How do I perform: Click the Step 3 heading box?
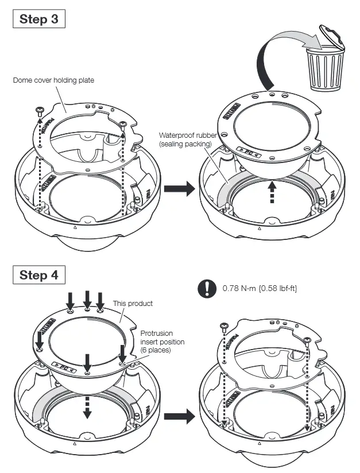click(x=38, y=18)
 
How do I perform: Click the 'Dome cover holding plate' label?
click(x=53, y=80)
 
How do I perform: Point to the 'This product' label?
click(x=133, y=303)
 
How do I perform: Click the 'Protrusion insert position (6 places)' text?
click(x=162, y=342)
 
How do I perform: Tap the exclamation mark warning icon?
click(x=205, y=289)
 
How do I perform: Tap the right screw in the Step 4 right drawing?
click(x=308, y=340)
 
